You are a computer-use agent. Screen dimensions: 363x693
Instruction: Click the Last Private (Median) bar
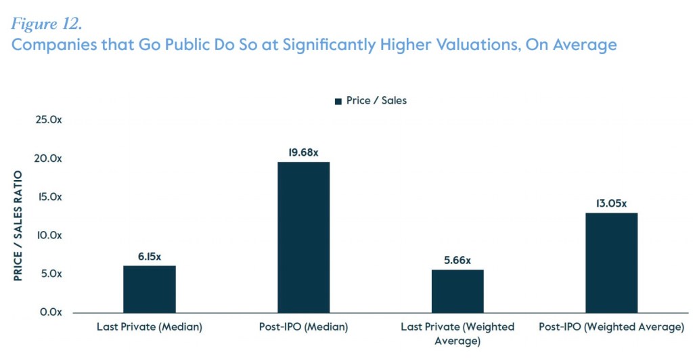[x=150, y=289]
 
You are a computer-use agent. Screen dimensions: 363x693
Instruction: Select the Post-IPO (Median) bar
[x=304, y=237]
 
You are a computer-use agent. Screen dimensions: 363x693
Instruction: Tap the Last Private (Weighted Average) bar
[x=457, y=291]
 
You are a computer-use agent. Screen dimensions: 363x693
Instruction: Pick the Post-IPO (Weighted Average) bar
[x=611, y=263]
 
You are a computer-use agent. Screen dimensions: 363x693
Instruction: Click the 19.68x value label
[x=304, y=152]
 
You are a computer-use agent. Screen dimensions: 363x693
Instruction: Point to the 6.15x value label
[x=150, y=257]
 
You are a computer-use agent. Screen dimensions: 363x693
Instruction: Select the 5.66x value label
[x=457, y=260]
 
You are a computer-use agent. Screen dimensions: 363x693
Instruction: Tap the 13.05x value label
[x=611, y=203]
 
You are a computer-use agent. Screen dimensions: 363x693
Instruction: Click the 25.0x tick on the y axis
[x=49, y=120]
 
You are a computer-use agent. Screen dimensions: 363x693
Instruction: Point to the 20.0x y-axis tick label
[x=49, y=158]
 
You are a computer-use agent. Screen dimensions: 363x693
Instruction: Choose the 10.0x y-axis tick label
[x=49, y=236]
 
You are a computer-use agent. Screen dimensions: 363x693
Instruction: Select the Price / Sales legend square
[x=338, y=101]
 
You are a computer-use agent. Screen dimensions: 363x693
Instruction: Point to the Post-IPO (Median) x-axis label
[x=304, y=327]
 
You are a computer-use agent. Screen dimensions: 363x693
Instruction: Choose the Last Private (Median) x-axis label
[x=150, y=327]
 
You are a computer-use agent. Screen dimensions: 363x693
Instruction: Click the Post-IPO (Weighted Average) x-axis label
[x=611, y=327]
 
